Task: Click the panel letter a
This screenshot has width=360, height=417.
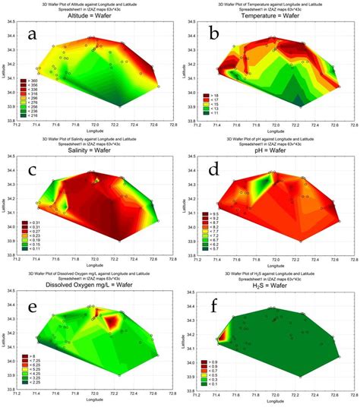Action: tap(32, 35)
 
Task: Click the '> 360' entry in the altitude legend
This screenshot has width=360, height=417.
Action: tap(35, 78)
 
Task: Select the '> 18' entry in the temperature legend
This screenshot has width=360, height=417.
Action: tap(211, 92)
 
